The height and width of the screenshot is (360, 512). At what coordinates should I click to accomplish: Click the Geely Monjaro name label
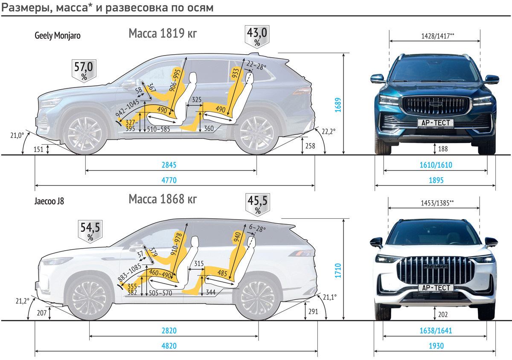58,36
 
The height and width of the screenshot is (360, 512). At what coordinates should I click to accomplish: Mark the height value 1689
337,105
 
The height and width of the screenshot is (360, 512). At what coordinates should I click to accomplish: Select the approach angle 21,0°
17,136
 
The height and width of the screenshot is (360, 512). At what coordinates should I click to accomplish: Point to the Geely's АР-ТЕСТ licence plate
435,123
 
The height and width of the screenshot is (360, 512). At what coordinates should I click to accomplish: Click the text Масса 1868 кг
163,199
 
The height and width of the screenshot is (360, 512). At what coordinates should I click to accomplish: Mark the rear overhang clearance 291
313,311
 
